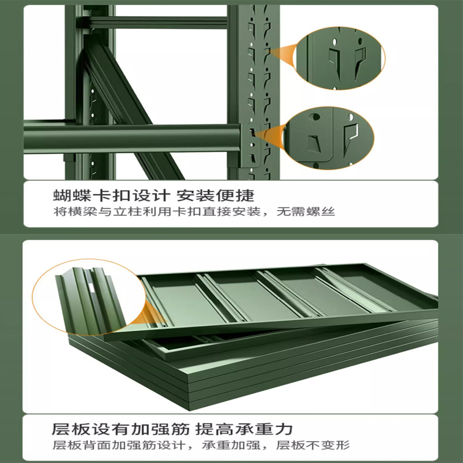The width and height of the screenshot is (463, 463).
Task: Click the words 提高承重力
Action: click(x=244, y=429)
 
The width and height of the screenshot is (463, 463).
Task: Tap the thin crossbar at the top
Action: click(x=156, y=23)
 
